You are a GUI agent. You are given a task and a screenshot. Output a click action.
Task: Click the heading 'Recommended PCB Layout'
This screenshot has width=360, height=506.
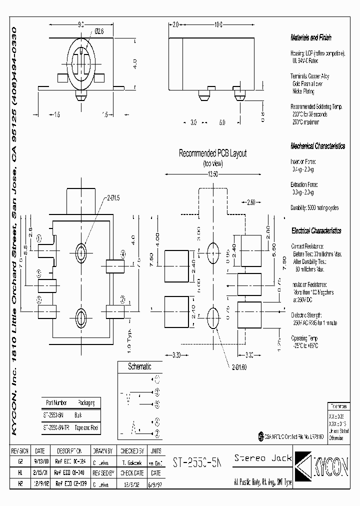click(212, 154)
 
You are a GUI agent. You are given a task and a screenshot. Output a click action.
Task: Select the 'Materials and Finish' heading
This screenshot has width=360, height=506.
click(310, 38)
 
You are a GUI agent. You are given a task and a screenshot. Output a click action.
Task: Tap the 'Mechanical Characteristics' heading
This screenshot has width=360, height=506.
click(317, 146)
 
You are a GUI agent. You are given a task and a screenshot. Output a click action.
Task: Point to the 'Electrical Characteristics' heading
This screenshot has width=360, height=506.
click(316, 231)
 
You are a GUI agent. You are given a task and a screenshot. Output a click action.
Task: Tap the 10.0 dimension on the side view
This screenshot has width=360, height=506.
click(218, 24)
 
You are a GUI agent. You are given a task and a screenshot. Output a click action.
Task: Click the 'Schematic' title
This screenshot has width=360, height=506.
click(139, 366)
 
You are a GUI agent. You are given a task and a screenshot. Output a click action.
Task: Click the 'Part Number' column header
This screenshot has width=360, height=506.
click(56, 402)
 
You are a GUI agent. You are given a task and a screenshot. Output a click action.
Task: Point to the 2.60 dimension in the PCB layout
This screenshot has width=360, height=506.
click(251, 202)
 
